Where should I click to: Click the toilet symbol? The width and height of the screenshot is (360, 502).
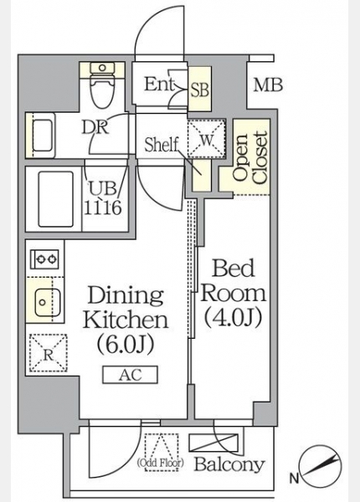pos(102,85)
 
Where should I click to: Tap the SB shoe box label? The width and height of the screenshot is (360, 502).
pos(200,90)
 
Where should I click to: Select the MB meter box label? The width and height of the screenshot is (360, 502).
pos(268,85)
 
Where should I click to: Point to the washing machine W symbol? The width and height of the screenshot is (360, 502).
pos(207,139)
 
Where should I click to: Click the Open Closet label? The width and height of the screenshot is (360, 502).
pos(250,157)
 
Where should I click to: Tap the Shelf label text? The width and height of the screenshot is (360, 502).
pos(161,145)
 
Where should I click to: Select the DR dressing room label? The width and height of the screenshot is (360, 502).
pos(95,127)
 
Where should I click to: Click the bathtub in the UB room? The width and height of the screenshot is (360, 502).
pos(56,199)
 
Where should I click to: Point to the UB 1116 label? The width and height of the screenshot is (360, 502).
pos(103,198)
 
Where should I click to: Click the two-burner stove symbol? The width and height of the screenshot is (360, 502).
pos(44,259)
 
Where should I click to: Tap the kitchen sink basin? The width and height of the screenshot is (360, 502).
pos(48,302)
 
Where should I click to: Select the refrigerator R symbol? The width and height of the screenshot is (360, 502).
pos(49,353)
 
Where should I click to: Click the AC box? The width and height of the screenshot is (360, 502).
pos(130,375)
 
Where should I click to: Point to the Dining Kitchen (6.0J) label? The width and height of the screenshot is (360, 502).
pos(126,320)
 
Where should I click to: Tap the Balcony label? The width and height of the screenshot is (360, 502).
pos(229,464)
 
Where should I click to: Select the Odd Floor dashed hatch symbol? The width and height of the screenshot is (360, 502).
pos(162,452)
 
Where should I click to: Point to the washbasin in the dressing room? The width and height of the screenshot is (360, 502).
pos(43,135)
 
